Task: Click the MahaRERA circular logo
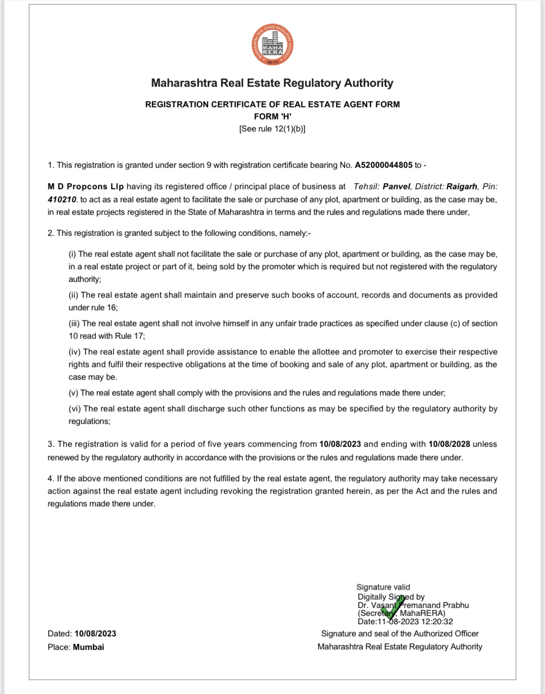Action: [x=272, y=45]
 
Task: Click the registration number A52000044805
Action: [x=383, y=165]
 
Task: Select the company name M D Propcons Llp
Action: [x=86, y=186]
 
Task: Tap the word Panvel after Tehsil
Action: [x=396, y=186]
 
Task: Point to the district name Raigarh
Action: [x=462, y=186]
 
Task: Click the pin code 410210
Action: [x=62, y=199]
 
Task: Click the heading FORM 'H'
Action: [x=272, y=116]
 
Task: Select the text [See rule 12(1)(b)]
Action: [x=272, y=129]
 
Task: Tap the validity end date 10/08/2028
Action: [x=449, y=444]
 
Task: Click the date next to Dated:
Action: [x=95, y=633]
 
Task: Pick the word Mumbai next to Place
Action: [x=89, y=647]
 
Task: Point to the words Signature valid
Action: [x=383, y=587]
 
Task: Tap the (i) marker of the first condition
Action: [x=72, y=254]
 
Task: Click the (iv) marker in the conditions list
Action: [x=75, y=352]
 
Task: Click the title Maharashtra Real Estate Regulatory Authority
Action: [x=272, y=83]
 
